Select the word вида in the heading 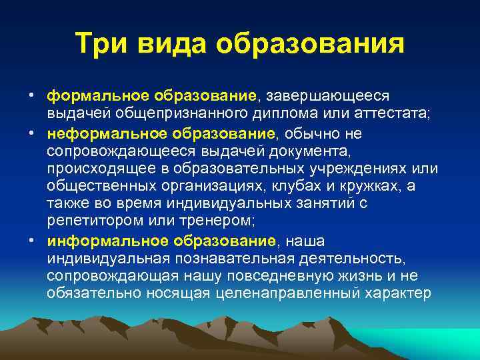[x=173, y=44]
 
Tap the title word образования [x=309, y=44]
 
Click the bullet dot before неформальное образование [x=31, y=134]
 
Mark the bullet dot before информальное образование [x=31, y=241]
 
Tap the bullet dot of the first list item [x=31, y=97]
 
